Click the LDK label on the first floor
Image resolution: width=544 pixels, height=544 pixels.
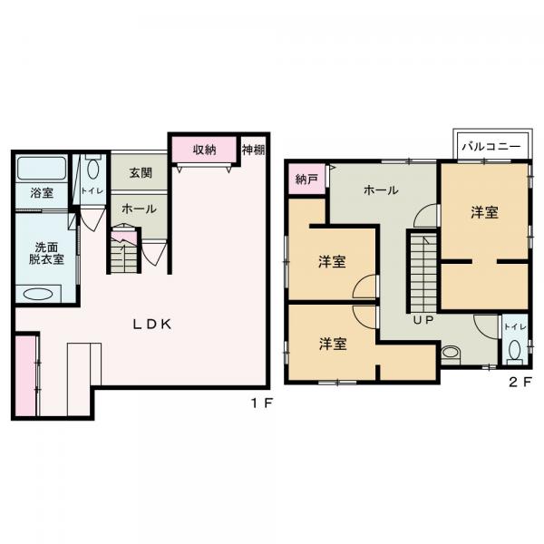pyautogui.click(x=152, y=325)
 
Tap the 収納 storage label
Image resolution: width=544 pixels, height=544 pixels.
pyautogui.click(x=205, y=150)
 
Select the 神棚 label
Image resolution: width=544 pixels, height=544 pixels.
pyautogui.click(x=254, y=150)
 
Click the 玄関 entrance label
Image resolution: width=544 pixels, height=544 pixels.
pyautogui.click(x=141, y=173)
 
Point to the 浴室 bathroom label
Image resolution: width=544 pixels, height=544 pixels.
pyautogui.click(x=42, y=193)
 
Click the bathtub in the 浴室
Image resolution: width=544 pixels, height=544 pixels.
pyautogui.click(x=42, y=169)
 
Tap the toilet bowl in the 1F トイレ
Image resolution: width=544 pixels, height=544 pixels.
pyautogui.click(x=93, y=169)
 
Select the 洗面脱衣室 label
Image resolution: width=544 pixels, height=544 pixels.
pyautogui.click(x=46, y=253)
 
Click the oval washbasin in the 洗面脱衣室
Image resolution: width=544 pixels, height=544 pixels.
pyautogui.click(x=38, y=295)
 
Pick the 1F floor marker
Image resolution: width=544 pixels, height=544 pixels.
pyautogui.click(x=262, y=403)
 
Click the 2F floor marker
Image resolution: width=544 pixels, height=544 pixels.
pyautogui.click(x=520, y=382)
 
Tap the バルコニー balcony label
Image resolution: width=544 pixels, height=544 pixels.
pyautogui.click(x=491, y=146)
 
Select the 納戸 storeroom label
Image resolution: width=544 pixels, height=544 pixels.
pyautogui.click(x=306, y=179)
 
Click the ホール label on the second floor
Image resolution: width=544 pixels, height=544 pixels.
pyautogui.click(x=381, y=190)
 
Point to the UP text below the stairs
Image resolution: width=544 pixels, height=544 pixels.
pyautogui.click(x=423, y=320)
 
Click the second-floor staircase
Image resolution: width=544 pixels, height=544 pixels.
pyautogui.click(x=424, y=272)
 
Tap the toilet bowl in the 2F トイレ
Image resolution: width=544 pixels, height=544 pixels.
pyautogui.click(x=515, y=350)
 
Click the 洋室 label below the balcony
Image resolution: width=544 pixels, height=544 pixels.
pyautogui.click(x=485, y=212)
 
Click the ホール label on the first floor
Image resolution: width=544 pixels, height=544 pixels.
pyautogui.click(x=139, y=209)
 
